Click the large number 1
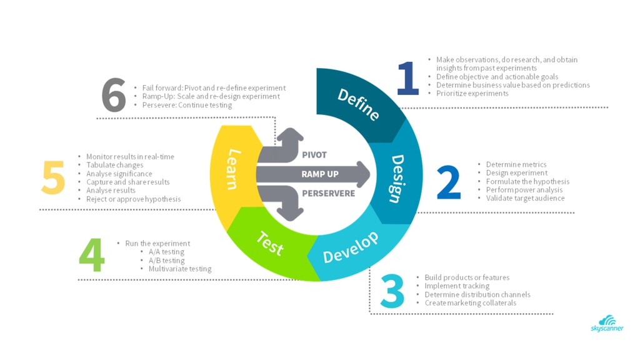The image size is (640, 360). click(409, 78)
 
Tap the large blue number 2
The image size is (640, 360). click(449, 182)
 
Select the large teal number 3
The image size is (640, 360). click(392, 291)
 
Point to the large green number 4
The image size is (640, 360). click(92, 255)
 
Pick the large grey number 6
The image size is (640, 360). click(114, 95)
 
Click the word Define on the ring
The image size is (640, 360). click(358, 105)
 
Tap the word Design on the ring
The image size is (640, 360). click(396, 178)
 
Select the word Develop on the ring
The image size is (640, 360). click(351, 247)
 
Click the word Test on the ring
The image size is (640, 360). click(270, 243)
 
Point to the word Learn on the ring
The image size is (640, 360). click(234, 169)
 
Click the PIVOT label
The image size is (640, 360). click(314, 155)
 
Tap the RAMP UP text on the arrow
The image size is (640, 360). click(320, 174)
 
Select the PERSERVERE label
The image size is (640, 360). click(329, 194)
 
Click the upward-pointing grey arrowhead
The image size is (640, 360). click(290, 135)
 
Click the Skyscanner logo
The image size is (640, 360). click(607, 323)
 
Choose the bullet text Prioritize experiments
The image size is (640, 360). click(472, 94)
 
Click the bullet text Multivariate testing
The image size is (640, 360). click(180, 269)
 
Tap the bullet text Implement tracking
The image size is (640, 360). click(457, 286)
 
